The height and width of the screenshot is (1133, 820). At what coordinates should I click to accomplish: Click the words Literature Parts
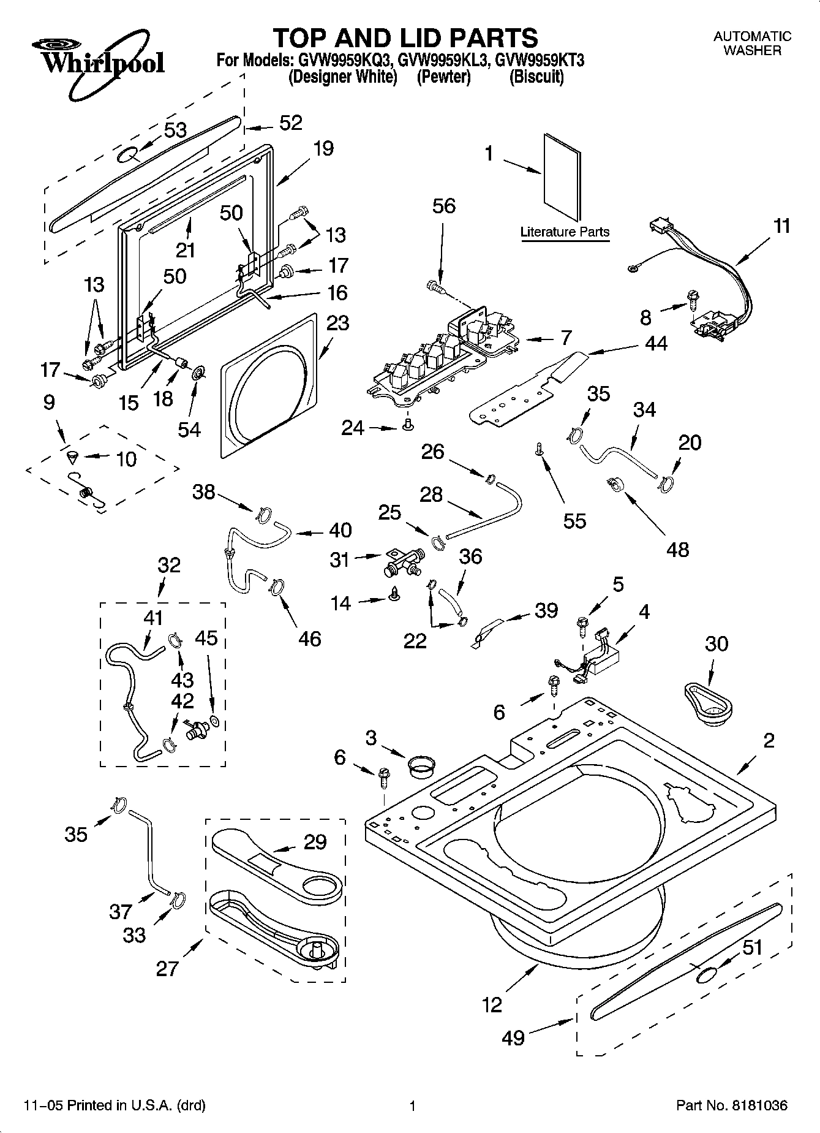pos(565,232)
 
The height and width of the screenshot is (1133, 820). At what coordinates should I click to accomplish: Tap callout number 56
pos(444,207)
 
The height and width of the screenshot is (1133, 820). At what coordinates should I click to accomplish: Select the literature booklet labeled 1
pos(562,178)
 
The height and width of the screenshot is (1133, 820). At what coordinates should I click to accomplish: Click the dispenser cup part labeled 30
pos(711,705)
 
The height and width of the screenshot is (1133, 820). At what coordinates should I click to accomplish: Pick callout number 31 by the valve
pos(339,559)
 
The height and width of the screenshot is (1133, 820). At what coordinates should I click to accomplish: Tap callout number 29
pos(315,842)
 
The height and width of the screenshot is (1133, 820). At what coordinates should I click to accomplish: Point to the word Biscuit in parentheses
pos(536,78)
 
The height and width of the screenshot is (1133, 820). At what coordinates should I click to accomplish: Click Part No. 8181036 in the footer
pos(732,1106)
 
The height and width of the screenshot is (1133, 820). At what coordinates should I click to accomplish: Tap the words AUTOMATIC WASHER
pos(752,44)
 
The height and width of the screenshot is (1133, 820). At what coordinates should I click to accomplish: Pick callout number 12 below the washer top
pos(492,1004)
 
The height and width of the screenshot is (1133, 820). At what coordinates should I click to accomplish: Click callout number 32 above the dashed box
pos(169,564)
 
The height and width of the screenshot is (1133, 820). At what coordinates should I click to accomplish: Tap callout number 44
pos(656,344)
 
